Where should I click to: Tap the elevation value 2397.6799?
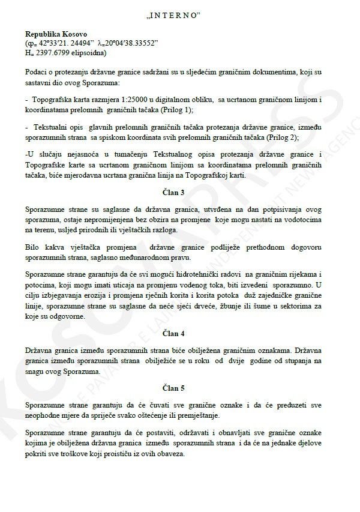[x=55, y=52]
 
